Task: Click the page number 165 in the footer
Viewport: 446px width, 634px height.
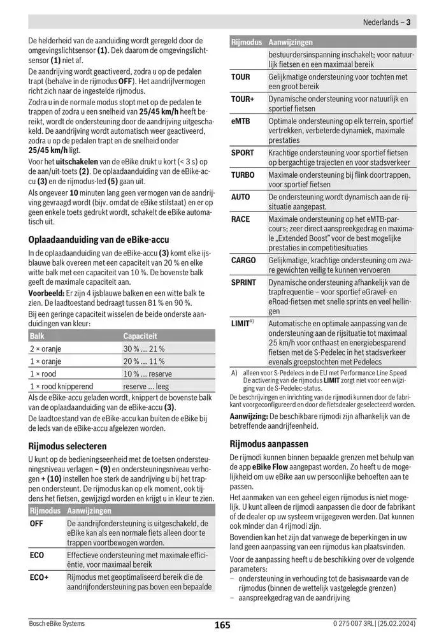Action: click(x=222, y=625)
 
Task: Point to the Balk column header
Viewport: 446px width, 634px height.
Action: click(x=37, y=336)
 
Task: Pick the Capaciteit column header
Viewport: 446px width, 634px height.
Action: click(x=140, y=336)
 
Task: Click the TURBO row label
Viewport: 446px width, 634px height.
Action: click(x=243, y=175)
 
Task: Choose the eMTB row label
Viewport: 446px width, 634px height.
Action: click(x=241, y=121)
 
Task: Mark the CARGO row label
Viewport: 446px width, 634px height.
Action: click(x=243, y=261)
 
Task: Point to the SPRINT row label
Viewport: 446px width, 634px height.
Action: click(x=243, y=282)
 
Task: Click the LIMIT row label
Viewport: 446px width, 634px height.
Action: click(x=241, y=324)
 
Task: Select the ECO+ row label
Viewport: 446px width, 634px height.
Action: click(x=40, y=577)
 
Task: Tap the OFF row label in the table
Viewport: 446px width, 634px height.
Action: click(x=36, y=524)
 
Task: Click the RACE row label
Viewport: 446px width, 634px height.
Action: click(x=241, y=219)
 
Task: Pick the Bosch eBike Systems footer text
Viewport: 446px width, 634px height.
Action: click(x=57, y=623)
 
